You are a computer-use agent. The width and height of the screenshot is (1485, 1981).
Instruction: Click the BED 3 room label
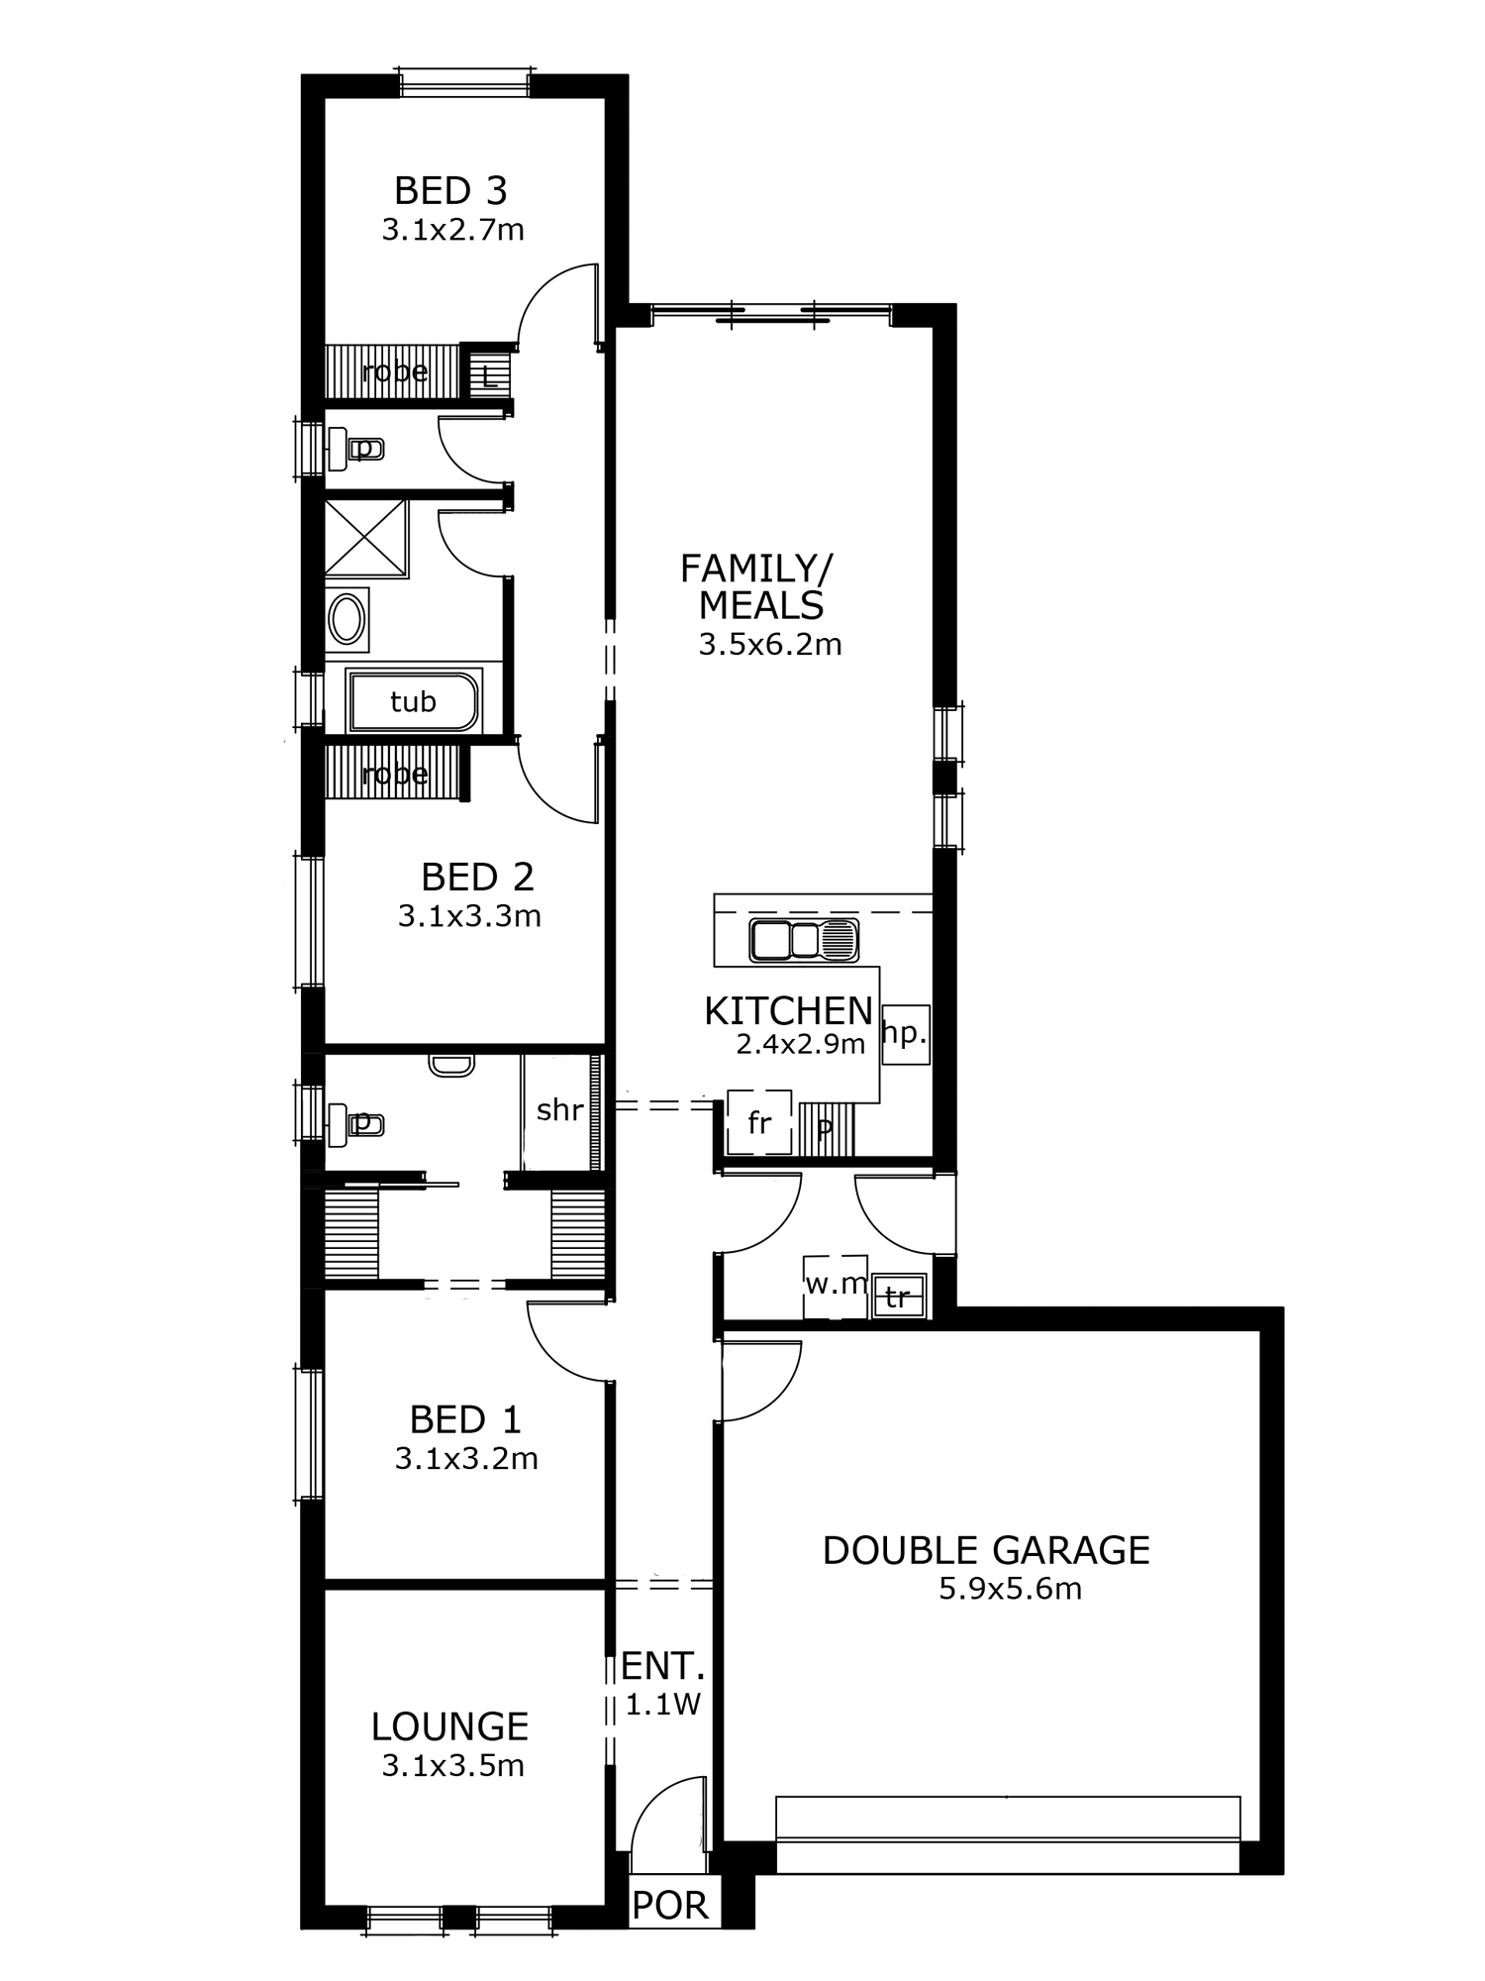click(x=450, y=189)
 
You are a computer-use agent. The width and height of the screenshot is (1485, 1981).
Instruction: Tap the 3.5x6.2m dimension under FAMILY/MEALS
click(x=770, y=645)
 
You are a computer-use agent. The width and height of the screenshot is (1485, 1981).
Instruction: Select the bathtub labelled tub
click(x=412, y=701)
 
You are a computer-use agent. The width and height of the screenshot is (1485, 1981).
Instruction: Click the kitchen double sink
click(x=804, y=940)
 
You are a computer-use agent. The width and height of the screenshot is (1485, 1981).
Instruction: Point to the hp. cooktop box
click(x=905, y=1034)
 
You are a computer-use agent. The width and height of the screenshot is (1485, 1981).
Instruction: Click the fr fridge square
click(x=759, y=1122)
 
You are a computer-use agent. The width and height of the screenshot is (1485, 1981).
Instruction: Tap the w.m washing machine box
click(x=836, y=1286)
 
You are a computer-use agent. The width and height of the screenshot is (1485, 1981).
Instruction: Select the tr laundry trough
click(x=899, y=1297)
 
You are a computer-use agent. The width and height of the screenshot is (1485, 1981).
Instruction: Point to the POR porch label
click(x=670, y=1905)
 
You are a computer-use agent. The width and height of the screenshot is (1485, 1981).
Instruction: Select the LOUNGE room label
click(x=449, y=1726)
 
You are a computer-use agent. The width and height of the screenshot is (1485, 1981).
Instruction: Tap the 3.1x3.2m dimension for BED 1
click(x=466, y=1458)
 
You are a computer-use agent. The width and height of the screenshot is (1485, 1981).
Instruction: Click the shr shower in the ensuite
click(x=560, y=1111)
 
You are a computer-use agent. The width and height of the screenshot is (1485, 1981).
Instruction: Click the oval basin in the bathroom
click(x=346, y=619)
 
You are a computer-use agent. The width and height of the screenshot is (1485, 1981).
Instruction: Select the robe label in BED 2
click(x=395, y=774)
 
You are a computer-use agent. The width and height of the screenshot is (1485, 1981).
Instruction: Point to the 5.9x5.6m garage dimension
click(x=1010, y=1589)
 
